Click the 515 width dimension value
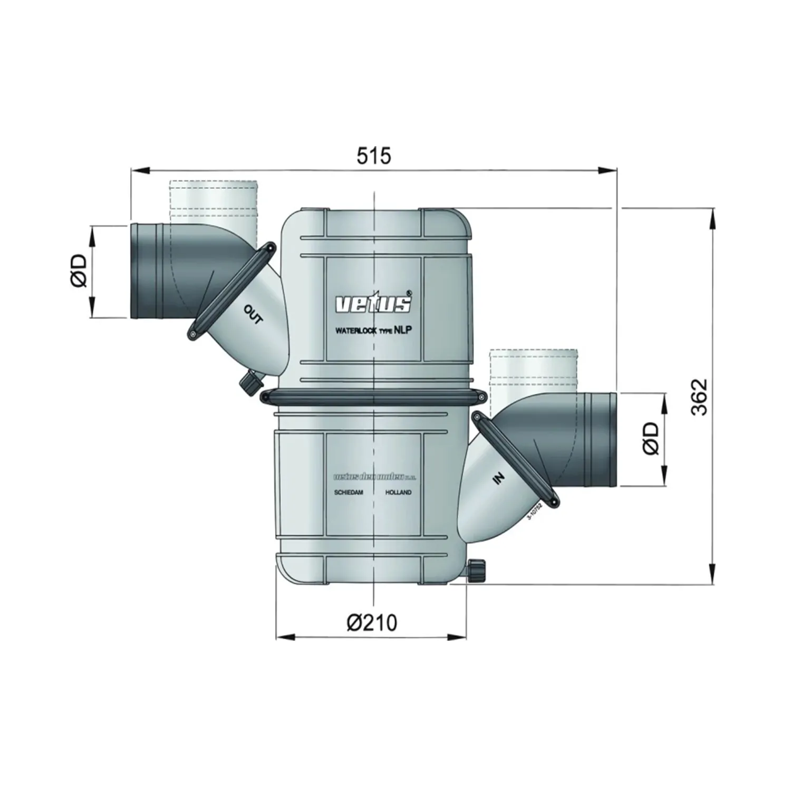[374, 156]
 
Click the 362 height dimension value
[700, 397]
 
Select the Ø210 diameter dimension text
[372, 623]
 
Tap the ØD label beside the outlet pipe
[78, 271]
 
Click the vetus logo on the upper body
[374, 303]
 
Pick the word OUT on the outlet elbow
[253, 315]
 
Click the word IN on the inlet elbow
[498, 478]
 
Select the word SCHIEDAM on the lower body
[349, 492]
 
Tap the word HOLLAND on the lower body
[398, 492]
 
